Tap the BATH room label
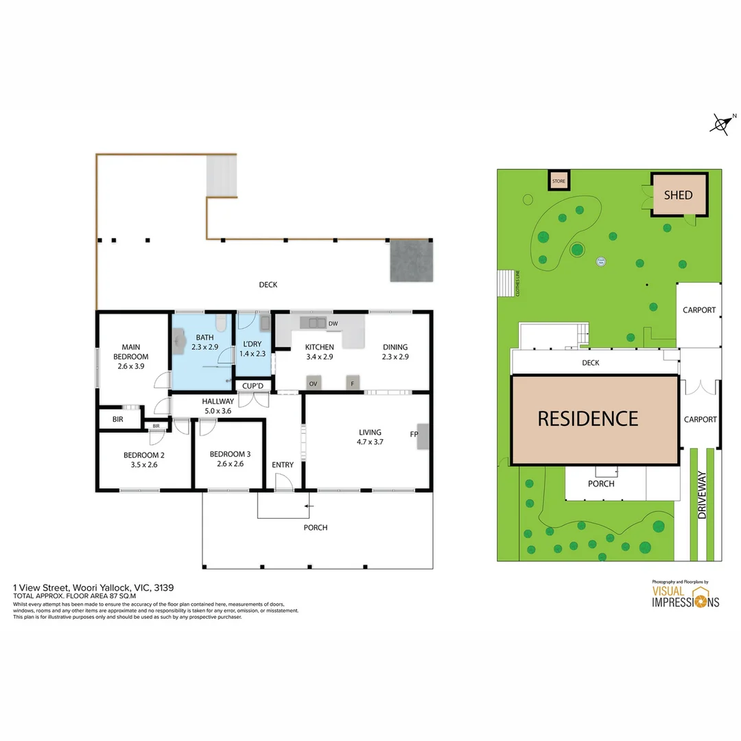point(204,338)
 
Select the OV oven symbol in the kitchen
point(314,384)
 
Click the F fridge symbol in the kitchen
point(353,384)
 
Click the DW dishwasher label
point(333,323)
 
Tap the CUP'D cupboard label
point(252,386)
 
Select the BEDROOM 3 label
point(230,454)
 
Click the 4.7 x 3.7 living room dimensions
point(369,442)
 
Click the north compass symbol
point(721,123)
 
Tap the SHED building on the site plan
point(678,195)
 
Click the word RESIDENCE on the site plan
point(587,418)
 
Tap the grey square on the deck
point(412,261)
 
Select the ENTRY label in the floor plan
point(283,465)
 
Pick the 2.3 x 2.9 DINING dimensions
point(395,357)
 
